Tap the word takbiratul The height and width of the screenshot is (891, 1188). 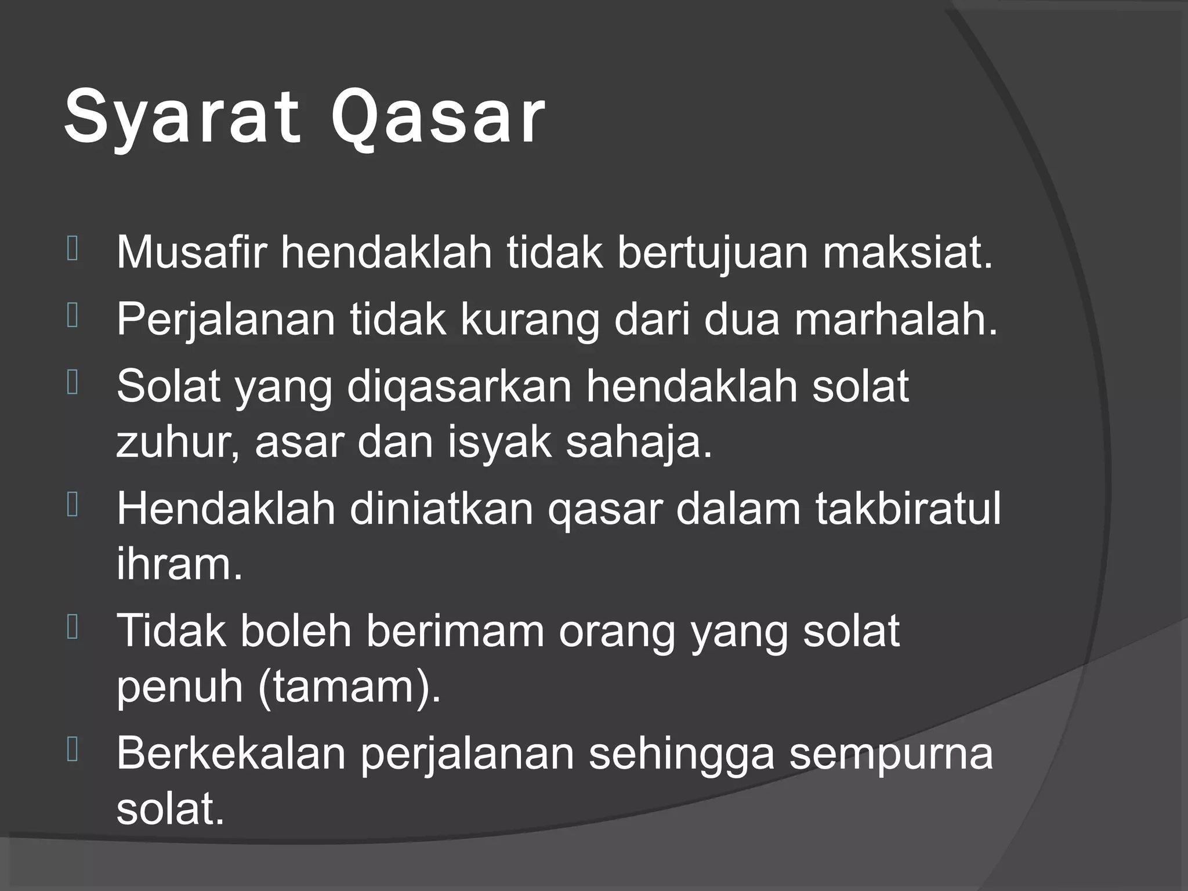pyautogui.click(x=908, y=509)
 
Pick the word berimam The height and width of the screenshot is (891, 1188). pyautogui.click(x=455, y=631)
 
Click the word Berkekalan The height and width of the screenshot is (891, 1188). pyautogui.click(x=231, y=753)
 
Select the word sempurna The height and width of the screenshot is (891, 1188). pyautogui.click(x=891, y=754)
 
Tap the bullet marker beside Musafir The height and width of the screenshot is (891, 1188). pyautogui.click(x=73, y=249)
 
